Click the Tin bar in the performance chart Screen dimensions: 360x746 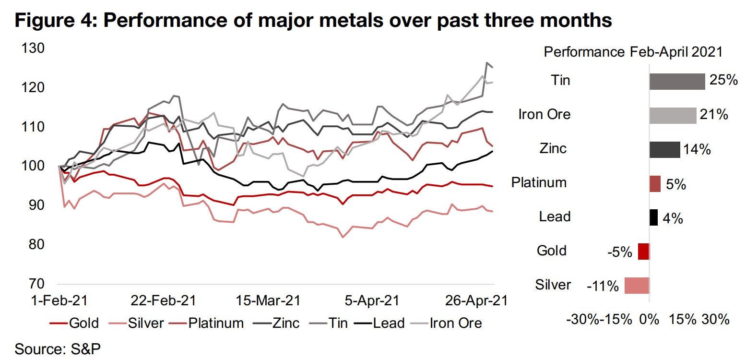(677, 81)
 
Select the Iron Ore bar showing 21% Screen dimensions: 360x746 (673, 115)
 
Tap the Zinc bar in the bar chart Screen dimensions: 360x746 (664, 149)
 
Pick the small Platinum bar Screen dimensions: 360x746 (655, 183)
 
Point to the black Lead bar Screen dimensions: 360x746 (653, 217)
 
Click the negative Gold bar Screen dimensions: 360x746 (643, 252)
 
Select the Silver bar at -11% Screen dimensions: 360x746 (637, 286)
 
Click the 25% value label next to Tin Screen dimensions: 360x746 (723, 80)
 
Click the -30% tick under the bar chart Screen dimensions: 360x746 (582, 320)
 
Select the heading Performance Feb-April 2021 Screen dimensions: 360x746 (633, 52)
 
